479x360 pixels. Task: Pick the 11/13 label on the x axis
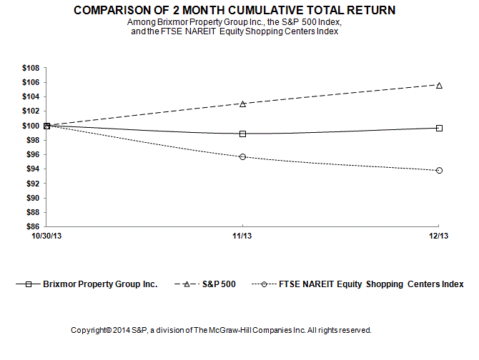coord(243,236)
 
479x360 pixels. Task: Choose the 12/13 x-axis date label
coord(438,236)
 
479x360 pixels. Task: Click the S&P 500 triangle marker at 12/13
coord(439,85)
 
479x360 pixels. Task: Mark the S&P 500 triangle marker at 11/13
coord(243,104)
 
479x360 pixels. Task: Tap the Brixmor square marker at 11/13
coord(243,134)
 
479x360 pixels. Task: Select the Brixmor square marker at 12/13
coord(439,128)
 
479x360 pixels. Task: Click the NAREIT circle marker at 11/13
coord(243,156)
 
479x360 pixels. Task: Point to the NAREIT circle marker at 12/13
coord(439,171)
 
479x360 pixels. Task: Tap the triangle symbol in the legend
coord(187,284)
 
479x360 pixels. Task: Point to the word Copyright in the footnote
coord(88,331)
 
